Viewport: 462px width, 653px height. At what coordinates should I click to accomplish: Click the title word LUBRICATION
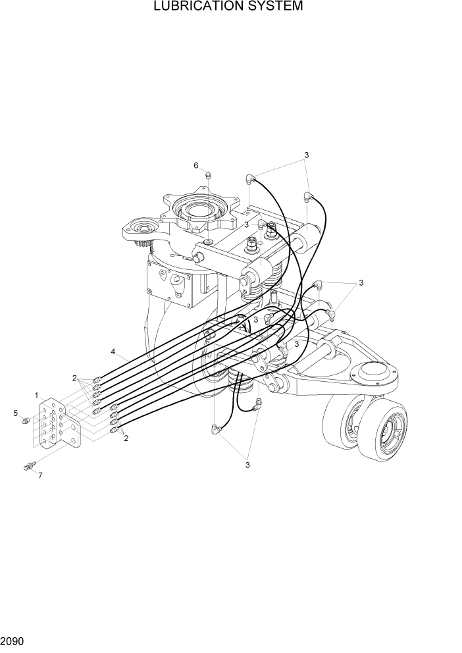click(x=196, y=7)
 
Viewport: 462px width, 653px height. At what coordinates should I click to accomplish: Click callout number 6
click(x=195, y=165)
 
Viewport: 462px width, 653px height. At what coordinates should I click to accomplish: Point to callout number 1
click(x=37, y=394)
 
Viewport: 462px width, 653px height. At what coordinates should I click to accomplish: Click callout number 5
click(x=14, y=413)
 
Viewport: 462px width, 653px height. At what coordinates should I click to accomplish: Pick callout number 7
click(x=40, y=475)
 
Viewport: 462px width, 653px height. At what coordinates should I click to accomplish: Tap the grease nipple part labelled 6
click(x=207, y=175)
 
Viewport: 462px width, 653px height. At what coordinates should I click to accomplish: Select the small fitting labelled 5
click(x=26, y=421)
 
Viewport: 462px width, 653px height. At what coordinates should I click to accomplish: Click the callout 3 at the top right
click(x=306, y=155)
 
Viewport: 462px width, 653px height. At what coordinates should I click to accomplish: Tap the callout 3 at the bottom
click(x=247, y=465)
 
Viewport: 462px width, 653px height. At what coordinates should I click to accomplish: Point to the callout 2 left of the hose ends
click(x=75, y=378)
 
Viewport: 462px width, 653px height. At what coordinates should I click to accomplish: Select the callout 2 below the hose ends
click(x=126, y=438)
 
